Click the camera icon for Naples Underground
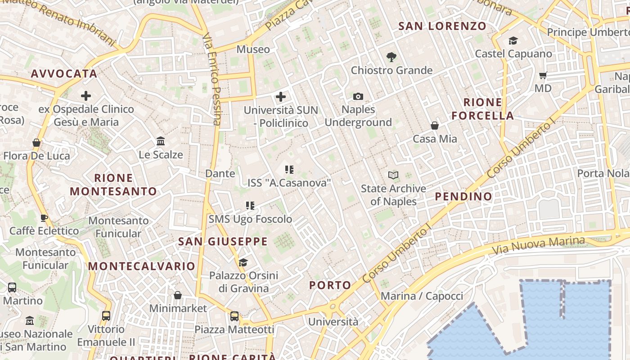point(358,96)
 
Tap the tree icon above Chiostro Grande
point(391,57)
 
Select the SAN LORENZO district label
point(442,26)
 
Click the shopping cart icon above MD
point(543,75)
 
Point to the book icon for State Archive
point(393,175)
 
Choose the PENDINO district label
point(463,196)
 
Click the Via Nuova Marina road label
point(538,245)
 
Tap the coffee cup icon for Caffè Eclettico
point(44,218)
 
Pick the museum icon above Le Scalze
point(161,141)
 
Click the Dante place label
point(220,173)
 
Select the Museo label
point(253,49)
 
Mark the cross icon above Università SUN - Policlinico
point(281,96)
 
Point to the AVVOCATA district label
point(64,74)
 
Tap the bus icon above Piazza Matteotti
point(234,316)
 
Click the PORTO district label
point(330,285)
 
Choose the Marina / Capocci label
point(422,296)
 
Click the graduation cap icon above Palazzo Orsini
point(243,262)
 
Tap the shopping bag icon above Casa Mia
point(435,126)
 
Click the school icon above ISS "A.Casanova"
point(289,170)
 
